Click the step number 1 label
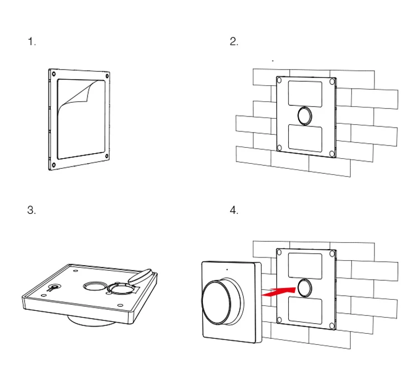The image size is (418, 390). click(32, 42)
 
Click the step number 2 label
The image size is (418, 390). click(234, 42)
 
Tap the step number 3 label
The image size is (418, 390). click(31, 210)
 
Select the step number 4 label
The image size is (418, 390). click(234, 210)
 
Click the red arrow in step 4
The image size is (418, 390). click(279, 291)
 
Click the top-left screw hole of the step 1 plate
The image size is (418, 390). click(54, 74)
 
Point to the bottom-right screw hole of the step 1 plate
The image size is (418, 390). click(106, 156)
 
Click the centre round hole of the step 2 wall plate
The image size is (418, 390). click(305, 116)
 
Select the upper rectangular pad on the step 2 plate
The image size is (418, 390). click(305, 94)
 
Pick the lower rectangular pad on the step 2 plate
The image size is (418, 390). click(305, 138)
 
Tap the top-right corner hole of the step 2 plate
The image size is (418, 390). click(332, 82)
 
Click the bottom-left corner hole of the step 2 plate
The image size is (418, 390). click(279, 148)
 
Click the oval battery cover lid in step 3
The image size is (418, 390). click(140, 276)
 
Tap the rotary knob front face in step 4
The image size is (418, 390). click(216, 302)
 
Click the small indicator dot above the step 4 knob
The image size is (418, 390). click(227, 270)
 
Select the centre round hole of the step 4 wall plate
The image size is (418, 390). click(305, 288)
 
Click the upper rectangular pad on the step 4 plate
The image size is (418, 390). click(305, 266)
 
